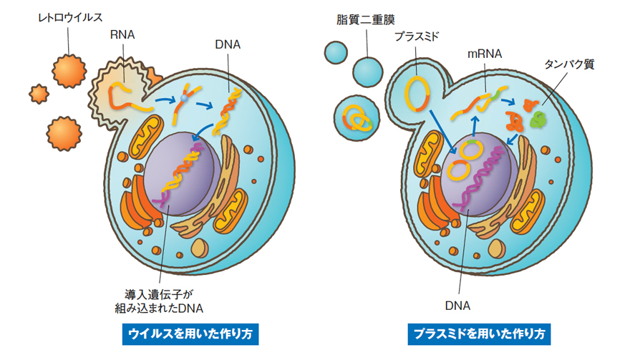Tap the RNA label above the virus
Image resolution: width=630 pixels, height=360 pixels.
[x=121, y=34]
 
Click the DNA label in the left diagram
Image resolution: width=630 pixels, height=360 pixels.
[x=228, y=44]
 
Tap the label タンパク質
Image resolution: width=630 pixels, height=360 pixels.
[x=569, y=64]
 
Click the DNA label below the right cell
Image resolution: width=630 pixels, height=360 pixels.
[x=457, y=306]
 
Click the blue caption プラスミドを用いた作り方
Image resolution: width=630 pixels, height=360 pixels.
[x=479, y=334]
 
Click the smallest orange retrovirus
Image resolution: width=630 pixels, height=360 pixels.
[x=38, y=93]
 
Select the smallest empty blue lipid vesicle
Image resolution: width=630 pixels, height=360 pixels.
[x=334, y=51]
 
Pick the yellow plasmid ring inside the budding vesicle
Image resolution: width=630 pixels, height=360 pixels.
[x=417, y=92]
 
